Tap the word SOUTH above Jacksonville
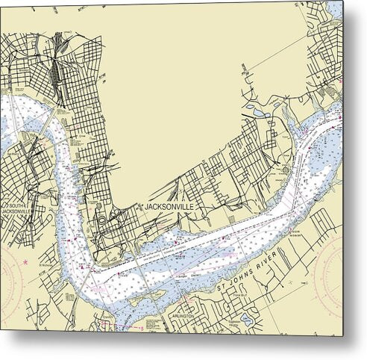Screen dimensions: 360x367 tap(16, 205)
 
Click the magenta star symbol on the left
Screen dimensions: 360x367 tap(25, 262)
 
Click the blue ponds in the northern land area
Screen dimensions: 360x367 tap(257, 112)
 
